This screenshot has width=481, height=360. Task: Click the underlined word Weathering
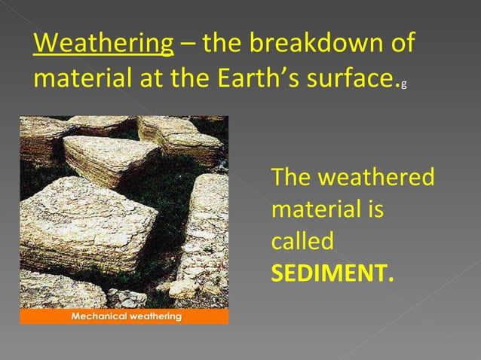coord(103,44)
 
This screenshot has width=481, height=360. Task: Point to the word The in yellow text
coord(293,178)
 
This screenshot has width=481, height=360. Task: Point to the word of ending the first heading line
coord(400,44)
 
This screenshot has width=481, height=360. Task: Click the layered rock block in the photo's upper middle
coord(113,158)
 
